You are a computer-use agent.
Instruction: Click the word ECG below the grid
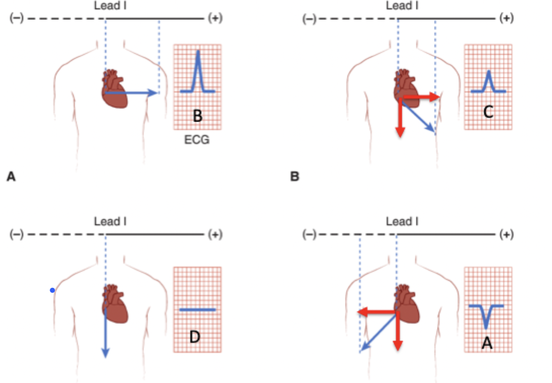[x=197, y=141]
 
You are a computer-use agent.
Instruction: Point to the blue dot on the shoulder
[x=52, y=290]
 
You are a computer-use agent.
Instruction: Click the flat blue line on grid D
[x=198, y=309]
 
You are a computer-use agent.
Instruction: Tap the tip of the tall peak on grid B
[x=198, y=52]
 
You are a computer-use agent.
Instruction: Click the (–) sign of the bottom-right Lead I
[x=309, y=235]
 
